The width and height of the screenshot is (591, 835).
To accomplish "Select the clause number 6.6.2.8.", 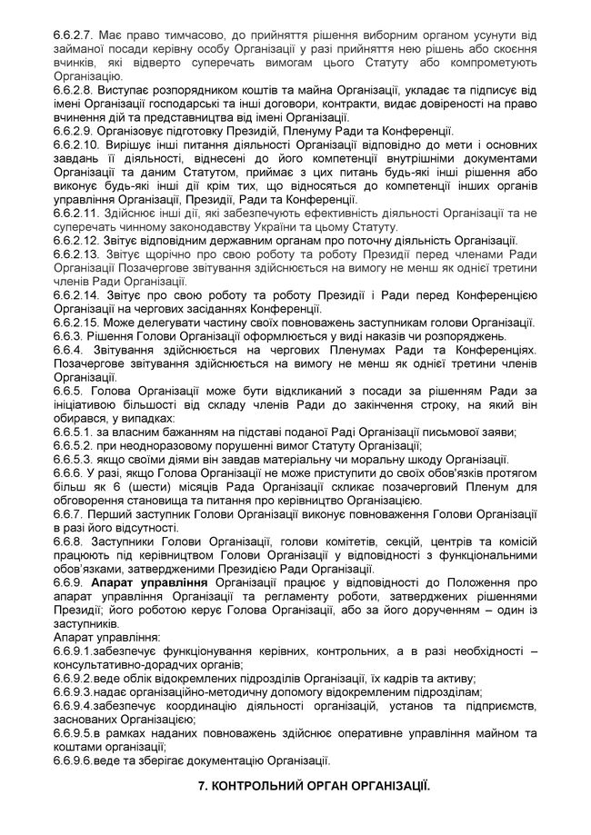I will pyautogui.click(x=75, y=92).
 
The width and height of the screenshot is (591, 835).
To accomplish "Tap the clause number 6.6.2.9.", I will pyautogui.click(x=75, y=130).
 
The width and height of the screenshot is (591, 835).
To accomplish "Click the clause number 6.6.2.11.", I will pyautogui.click(x=77, y=213).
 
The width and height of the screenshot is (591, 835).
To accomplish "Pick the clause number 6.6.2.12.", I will pyautogui.click(x=77, y=239).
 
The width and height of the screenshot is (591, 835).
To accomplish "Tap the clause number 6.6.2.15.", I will pyautogui.click(x=77, y=323).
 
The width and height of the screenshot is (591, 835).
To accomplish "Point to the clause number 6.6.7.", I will pyautogui.click(x=68, y=513).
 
